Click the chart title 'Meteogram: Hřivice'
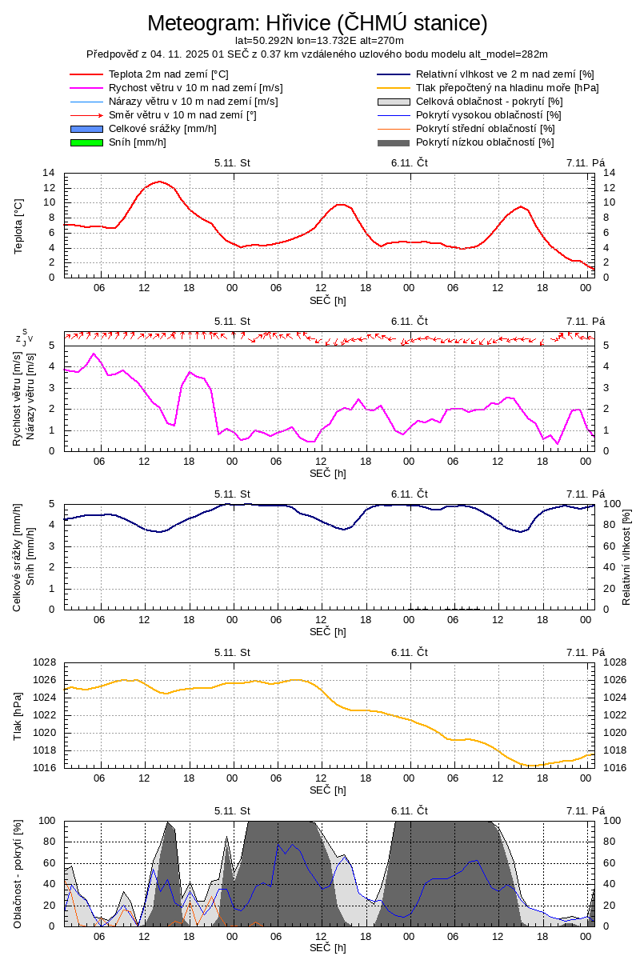coord(317,23)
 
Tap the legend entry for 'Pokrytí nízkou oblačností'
coord(485,142)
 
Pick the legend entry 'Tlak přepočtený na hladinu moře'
coord(507,88)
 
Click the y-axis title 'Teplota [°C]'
coord(19,226)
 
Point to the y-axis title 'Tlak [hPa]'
coord(19,714)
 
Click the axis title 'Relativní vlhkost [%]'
coord(626,557)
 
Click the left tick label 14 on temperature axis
coord(49,173)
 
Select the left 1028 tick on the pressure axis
coord(42,662)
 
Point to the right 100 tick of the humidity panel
coord(611,504)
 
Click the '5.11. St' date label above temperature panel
coord(232,162)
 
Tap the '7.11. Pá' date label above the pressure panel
coord(586,652)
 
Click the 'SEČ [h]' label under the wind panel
coord(328,473)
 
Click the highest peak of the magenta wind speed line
coord(94,354)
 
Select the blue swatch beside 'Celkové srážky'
coord(87,129)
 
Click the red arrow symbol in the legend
coord(87,115)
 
